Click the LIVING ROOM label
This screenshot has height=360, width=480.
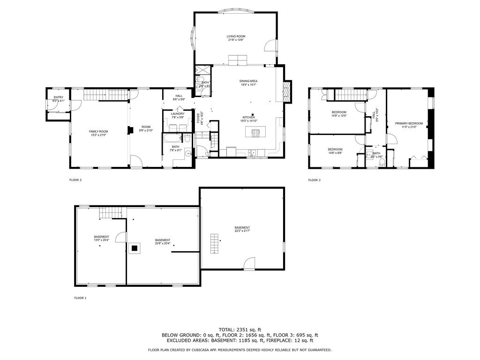tap(236, 36)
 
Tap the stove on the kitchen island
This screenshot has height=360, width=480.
tap(256, 133)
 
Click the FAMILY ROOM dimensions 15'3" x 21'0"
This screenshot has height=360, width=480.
tap(99, 135)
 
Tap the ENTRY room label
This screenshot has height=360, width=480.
tap(58, 97)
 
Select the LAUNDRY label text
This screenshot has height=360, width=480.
tap(177, 113)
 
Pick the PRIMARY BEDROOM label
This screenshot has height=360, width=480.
tap(409, 123)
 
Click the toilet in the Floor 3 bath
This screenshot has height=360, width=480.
tap(382, 162)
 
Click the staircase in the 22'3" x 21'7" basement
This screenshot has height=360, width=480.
tap(214, 243)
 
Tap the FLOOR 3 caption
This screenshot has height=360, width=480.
tap(314, 180)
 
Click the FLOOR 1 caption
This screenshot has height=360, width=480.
tap(80, 298)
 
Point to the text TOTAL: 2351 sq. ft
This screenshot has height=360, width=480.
tap(240, 329)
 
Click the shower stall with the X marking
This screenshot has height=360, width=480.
tap(202, 70)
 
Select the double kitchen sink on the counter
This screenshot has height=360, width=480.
tap(253, 152)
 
